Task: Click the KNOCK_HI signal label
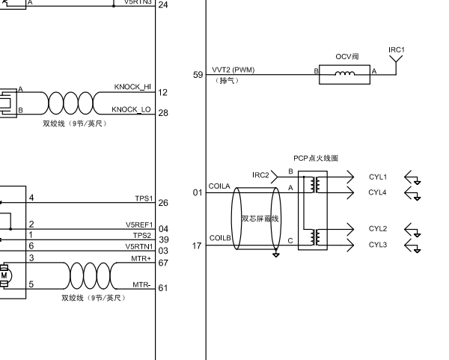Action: pos(132,87)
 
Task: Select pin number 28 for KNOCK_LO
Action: pos(163,113)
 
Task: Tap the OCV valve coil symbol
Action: pos(344,74)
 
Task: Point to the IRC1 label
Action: pos(397,50)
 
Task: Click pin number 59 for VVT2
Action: pos(198,75)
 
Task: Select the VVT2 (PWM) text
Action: pos(233,70)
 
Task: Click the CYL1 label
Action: pos(378,177)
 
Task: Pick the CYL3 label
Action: pos(378,245)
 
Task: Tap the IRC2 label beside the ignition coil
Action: pos(260,175)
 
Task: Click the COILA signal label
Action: pos(219,186)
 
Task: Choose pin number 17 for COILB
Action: pos(197,246)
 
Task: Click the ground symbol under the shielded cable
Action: pos(275,254)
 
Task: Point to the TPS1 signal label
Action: pos(144,198)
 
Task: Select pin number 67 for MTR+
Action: pos(163,263)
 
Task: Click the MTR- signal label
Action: pos(141,285)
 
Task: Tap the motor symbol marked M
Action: pos(5,275)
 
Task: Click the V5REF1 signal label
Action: pos(139,225)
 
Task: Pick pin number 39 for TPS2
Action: pos(163,240)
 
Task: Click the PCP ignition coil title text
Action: pos(316,158)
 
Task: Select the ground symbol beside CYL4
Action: pos(418,198)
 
